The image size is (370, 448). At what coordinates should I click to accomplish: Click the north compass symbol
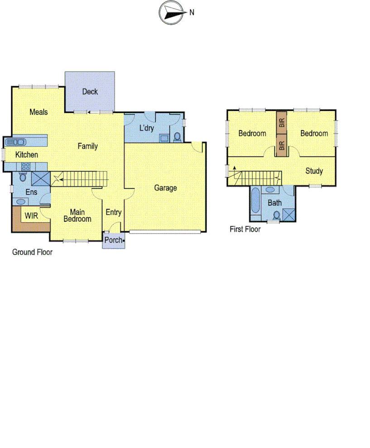pyautogui.click(x=172, y=13)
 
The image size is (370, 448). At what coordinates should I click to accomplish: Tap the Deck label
pyautogui.click(x=90, y=91)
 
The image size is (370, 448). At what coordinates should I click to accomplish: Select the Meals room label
pyautogui.click(x=39, y=112)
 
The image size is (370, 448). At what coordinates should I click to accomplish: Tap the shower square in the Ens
pyautogui.click(x=40, y=178)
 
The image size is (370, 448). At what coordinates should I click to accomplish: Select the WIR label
pyautogui.click(x=31, y=215)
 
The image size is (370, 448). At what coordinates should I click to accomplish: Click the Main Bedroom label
pyautogui.click(x=77, y=215)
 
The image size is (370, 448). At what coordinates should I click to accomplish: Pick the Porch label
pyautogui.click(x=113, y=240)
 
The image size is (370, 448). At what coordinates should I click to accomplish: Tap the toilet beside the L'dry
pyautogui.click(x=177, y=137)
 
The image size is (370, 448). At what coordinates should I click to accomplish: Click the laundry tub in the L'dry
pyautogui.click(x=165, y=138)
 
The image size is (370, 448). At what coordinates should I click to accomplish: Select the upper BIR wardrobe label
pyautogui.click(x=282, y=123)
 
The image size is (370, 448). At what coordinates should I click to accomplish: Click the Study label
pyautogui.click(x=314, y=171)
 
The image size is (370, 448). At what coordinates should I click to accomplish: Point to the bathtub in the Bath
pyautogui.click(x=255, y=203)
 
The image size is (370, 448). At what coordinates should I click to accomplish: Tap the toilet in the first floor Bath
pyautogui.click(x=276, y=214)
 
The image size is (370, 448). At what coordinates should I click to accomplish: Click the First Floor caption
pyautogui.click(x=245, y=229)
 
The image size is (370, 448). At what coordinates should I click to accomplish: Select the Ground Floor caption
pyautogui.click(x=32, y=252)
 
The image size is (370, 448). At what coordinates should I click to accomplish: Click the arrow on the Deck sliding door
pyautogui.click(x=90, y=112)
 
